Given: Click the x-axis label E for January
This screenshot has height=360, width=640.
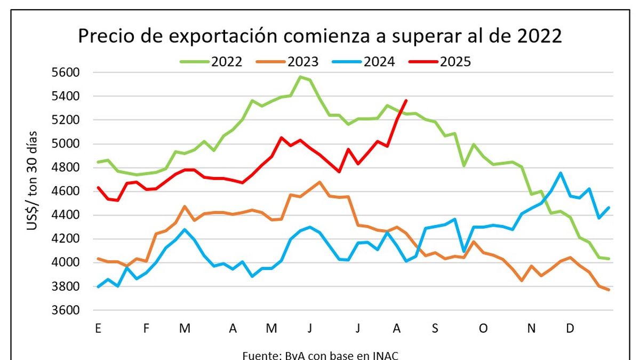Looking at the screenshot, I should pyautogui.click(x=98, y=329).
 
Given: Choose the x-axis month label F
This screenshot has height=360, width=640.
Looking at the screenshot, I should pyautogui.click(x=146, y=329).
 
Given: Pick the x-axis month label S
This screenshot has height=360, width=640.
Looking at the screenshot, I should pyautogui.click(x=435, y=329).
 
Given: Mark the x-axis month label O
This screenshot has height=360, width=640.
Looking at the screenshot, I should pyautogui.click(x=483, y=329).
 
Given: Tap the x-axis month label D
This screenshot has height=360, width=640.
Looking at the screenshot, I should pyautogui.click(x=570, y=329).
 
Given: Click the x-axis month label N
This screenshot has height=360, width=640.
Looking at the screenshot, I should pyautogui.click(x=531, y=329).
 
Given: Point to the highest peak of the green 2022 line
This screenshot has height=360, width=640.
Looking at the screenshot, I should pyautogui.click(x=300, y=77).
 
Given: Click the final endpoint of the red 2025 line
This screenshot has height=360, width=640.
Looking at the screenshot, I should pyautogui.click(x=406, y=100).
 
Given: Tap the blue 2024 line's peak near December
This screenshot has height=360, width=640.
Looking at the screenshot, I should pyautogui.click(x=560, y=173).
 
